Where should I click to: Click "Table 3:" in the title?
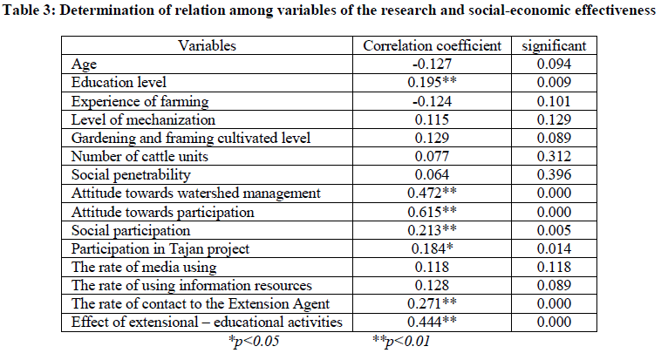coord(36,13)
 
